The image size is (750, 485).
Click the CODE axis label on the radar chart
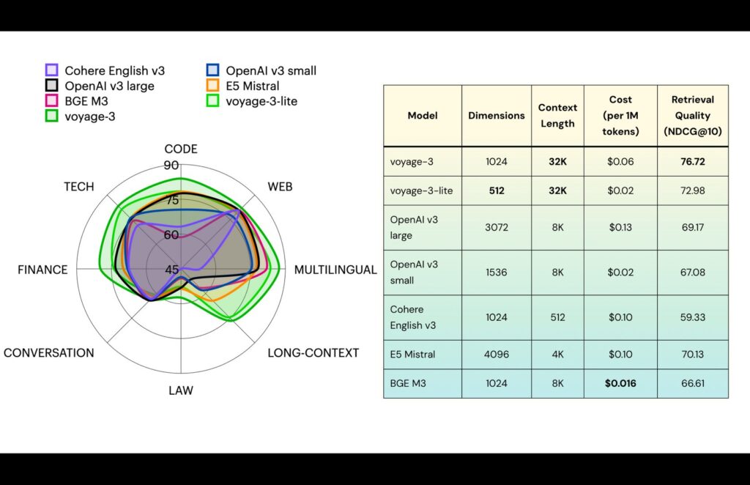pos(180,149)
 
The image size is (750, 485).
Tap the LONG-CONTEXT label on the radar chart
pos(313,353)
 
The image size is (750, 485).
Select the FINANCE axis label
pos(42,270)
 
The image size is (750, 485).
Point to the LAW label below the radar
pos(180,390)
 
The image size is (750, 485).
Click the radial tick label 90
pos(171,166)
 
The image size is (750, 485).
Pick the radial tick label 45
pos(171,270)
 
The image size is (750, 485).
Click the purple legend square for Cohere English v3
pos(51,71)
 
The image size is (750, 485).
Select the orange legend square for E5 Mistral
pos(212,86)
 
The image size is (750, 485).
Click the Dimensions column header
pos(497,116)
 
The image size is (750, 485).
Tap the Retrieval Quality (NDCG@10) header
pos(692,116)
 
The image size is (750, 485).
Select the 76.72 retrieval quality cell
pos(692,161)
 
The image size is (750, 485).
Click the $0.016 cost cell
pos(620,383)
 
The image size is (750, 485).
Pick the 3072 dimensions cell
pos(497,227)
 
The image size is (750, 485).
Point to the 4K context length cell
pos(557,355)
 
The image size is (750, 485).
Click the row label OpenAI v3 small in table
pos(414,272)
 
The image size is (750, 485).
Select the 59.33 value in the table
pos(692,317)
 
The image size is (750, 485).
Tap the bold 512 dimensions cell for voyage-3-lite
pos(497,190)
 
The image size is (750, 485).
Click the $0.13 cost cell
pos(620,227)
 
